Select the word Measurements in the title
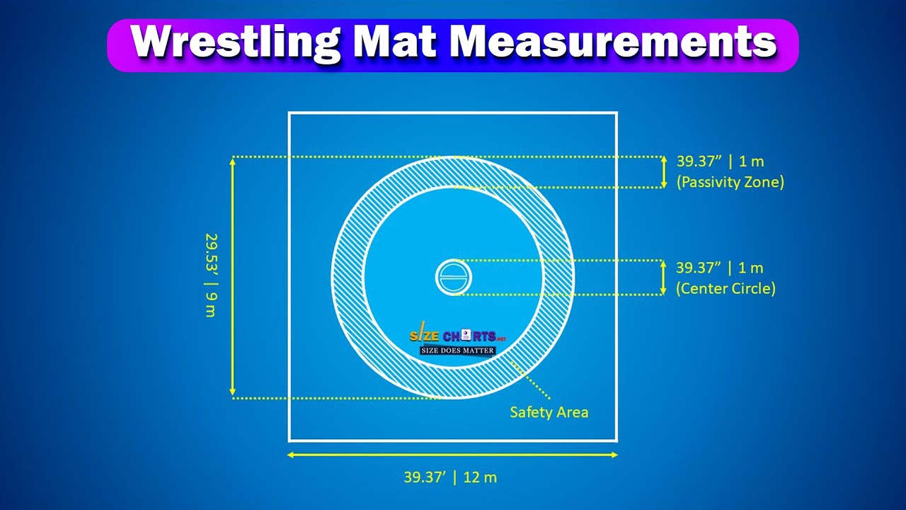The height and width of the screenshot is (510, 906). coord(613,44)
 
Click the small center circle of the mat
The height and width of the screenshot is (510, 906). coord(453,277)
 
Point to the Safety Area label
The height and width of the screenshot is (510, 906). coord(549,412)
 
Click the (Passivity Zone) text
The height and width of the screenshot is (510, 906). coord(730,182)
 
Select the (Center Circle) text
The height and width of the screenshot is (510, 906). coord(726,288)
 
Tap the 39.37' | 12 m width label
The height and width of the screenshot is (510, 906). coord(450,477)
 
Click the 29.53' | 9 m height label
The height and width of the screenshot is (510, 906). coord(210,275)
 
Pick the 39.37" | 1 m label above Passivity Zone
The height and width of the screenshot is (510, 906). coord(720,161)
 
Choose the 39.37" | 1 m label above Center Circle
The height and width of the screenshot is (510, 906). coord(720,268)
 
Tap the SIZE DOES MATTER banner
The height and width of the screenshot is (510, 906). coord(458,350)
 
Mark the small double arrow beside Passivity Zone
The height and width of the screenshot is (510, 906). coord(663,171)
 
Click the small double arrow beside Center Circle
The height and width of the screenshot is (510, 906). coord(663,277)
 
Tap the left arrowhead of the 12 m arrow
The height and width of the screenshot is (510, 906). coord(291,455)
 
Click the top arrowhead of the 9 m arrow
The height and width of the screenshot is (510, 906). coord(233,161)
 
